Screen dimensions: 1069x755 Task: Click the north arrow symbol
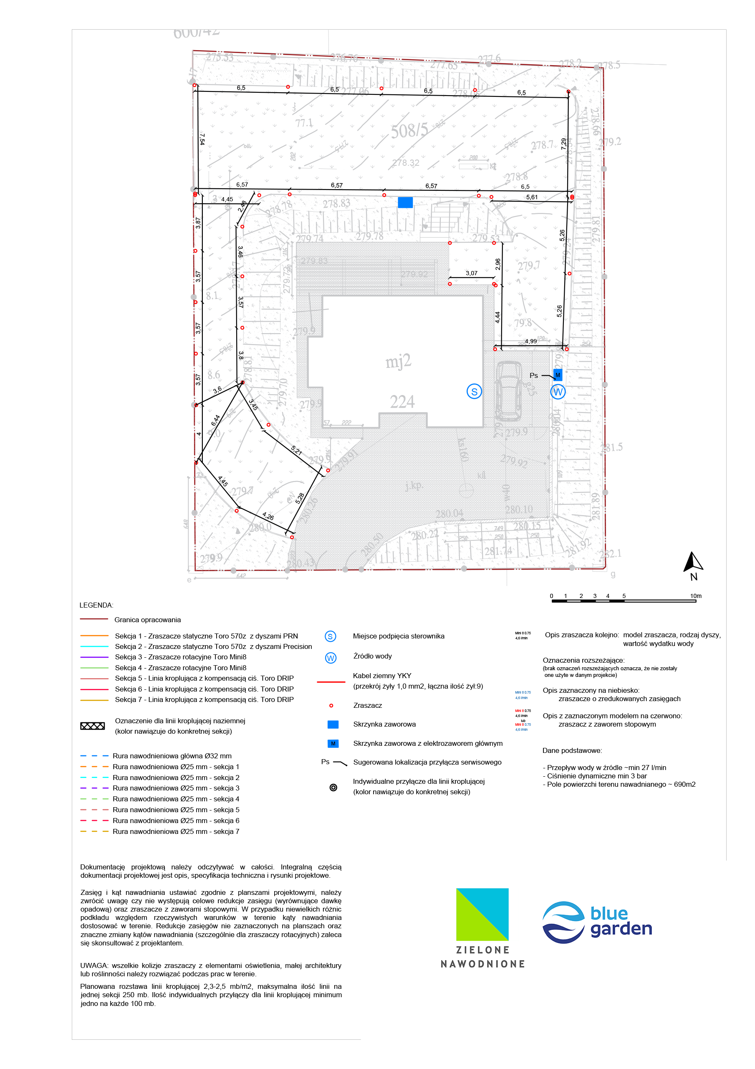coord(693,562)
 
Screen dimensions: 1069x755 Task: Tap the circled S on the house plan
coord(474,392)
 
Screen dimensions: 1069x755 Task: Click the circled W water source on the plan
coord(558,392)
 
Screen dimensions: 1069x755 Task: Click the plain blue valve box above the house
coord(405,202)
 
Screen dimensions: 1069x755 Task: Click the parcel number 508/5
coord(409,131)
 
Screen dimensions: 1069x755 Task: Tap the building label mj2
coord(398,361)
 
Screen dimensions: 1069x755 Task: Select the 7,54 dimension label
coord(202,139)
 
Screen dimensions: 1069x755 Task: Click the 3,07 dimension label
coord(472,273)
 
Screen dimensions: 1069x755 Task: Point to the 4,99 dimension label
coord(530,341)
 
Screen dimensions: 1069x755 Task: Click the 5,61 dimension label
coord(532,197)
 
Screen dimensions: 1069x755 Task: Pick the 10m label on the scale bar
coord(695,596)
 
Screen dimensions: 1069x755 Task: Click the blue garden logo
coord(597,922)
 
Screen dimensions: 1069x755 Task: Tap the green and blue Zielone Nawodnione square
coord(482,914)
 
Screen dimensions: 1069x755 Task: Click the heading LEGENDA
coord(96,605)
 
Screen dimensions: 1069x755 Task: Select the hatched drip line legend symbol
coord(93,726)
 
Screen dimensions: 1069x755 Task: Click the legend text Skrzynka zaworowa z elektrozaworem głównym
coord(428,744)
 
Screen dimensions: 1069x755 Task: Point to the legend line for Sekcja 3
coord(94,657)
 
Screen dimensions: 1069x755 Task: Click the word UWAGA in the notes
coord(94,965)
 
